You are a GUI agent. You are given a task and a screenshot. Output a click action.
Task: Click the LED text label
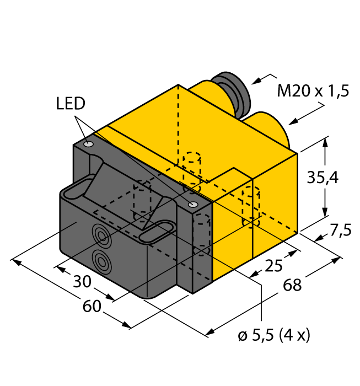point(71,103)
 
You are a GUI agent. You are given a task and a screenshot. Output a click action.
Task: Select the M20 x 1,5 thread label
point(313,91)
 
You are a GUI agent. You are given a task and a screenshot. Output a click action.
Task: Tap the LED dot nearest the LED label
point(89,144)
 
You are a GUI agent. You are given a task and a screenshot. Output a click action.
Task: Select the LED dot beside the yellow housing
point(192,205)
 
